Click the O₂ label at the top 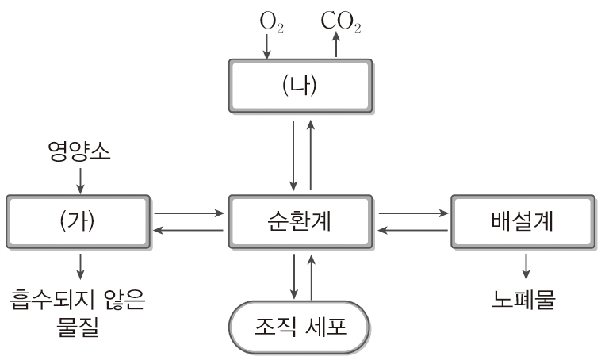pyautogui.click(x=270, y=21)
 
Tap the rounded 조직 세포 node pyautogui.click(x=300, y=327)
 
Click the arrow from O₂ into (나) pyautogui.click(x=266, y=47)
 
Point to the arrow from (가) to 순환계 pyautogui.click(x=189, y=213)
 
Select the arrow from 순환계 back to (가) pyautogui.click(x=189, y=230)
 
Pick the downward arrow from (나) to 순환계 pyautogui.click(x=293, y=155)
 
